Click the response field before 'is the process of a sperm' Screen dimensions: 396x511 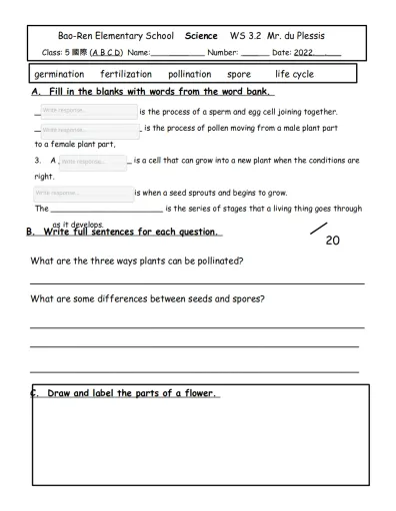tap(88, 111)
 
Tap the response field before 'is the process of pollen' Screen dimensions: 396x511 tap(89, 130)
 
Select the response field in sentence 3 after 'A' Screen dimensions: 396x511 tap(93, 162)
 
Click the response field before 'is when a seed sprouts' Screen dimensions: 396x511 tap(82, 193)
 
